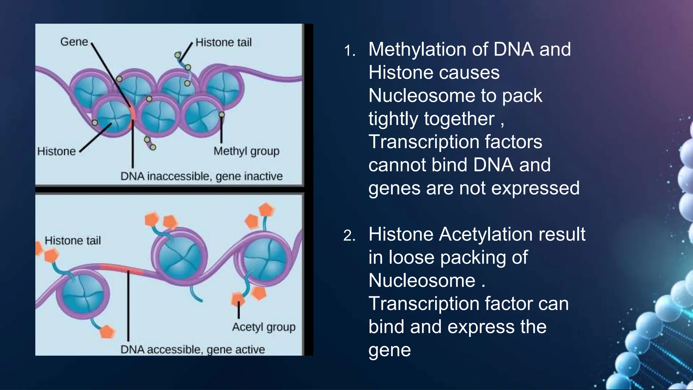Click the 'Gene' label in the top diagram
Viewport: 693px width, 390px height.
click(74, 42)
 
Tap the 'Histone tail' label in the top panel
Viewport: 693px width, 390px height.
click(223, 43)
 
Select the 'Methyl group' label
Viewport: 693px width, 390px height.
click(246, 151)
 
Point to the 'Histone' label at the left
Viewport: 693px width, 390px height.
click(56, 151)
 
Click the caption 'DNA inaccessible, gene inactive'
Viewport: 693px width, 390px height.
click(201, 176)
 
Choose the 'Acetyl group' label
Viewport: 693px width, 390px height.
click(264, 327)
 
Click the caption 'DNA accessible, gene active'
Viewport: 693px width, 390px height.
click(193, 349)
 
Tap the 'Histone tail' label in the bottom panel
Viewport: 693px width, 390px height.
click(73, 241)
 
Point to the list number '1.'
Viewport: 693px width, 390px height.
click(350, 51)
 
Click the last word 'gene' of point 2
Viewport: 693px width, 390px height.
click(389, 350)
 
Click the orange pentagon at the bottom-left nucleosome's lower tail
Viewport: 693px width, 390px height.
click(107, 332)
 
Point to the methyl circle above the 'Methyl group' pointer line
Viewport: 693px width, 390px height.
click(221, 115)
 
